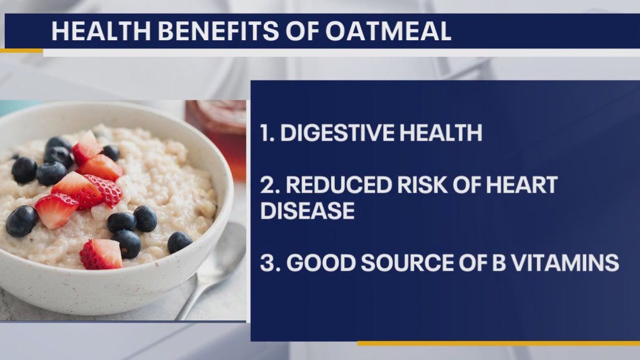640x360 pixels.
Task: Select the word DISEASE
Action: click(308, 210)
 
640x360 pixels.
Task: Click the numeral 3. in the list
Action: click(269, 262)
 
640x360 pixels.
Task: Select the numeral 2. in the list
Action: click(269, 186)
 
